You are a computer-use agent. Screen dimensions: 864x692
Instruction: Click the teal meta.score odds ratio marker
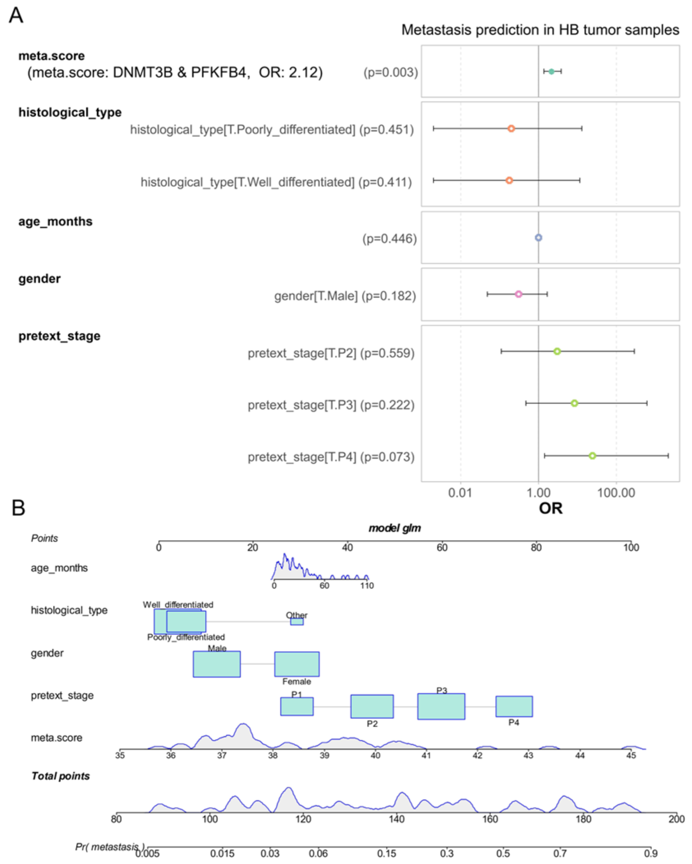click(x=551, y=72)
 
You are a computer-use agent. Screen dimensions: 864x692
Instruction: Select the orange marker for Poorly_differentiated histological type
click(x=511, y=129)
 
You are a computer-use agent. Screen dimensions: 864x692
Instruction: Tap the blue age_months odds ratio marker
click(x=538, y=238)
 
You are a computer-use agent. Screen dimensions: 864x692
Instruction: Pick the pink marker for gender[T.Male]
click(x=518, y=294)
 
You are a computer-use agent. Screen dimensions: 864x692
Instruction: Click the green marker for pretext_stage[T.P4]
click(x=592, y=455)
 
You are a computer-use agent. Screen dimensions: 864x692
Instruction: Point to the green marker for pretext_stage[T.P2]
click(x=557, y=351)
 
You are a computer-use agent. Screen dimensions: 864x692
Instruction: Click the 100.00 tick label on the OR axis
click(x=616, y=492)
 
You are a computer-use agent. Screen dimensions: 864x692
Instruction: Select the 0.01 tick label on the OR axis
click(x=460, y=492)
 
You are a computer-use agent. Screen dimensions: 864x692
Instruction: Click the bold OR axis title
click(x=550, y=508)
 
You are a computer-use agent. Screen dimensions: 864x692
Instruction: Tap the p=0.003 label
click(x=390, y=73)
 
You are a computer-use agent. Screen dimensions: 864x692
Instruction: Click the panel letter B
click(x=18, y=508)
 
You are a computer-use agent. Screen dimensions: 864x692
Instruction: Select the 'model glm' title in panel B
click(x=394, y=528)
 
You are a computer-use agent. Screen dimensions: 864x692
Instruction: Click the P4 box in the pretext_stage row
click(x=514, y=706)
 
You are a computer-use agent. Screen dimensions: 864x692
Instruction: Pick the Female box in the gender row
click(x=297, y=664)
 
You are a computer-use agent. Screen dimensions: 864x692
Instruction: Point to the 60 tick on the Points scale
click(x=442, y=547)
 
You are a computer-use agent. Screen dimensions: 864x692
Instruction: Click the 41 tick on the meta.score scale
click(x=426, y=755)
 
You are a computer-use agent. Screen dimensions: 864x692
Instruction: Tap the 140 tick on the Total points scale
click(x=397, y=819)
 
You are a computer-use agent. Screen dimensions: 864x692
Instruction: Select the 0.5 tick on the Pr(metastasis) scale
click(x=503, y=854)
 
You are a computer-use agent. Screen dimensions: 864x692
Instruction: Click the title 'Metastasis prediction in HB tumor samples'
click(x=540, y=30)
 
